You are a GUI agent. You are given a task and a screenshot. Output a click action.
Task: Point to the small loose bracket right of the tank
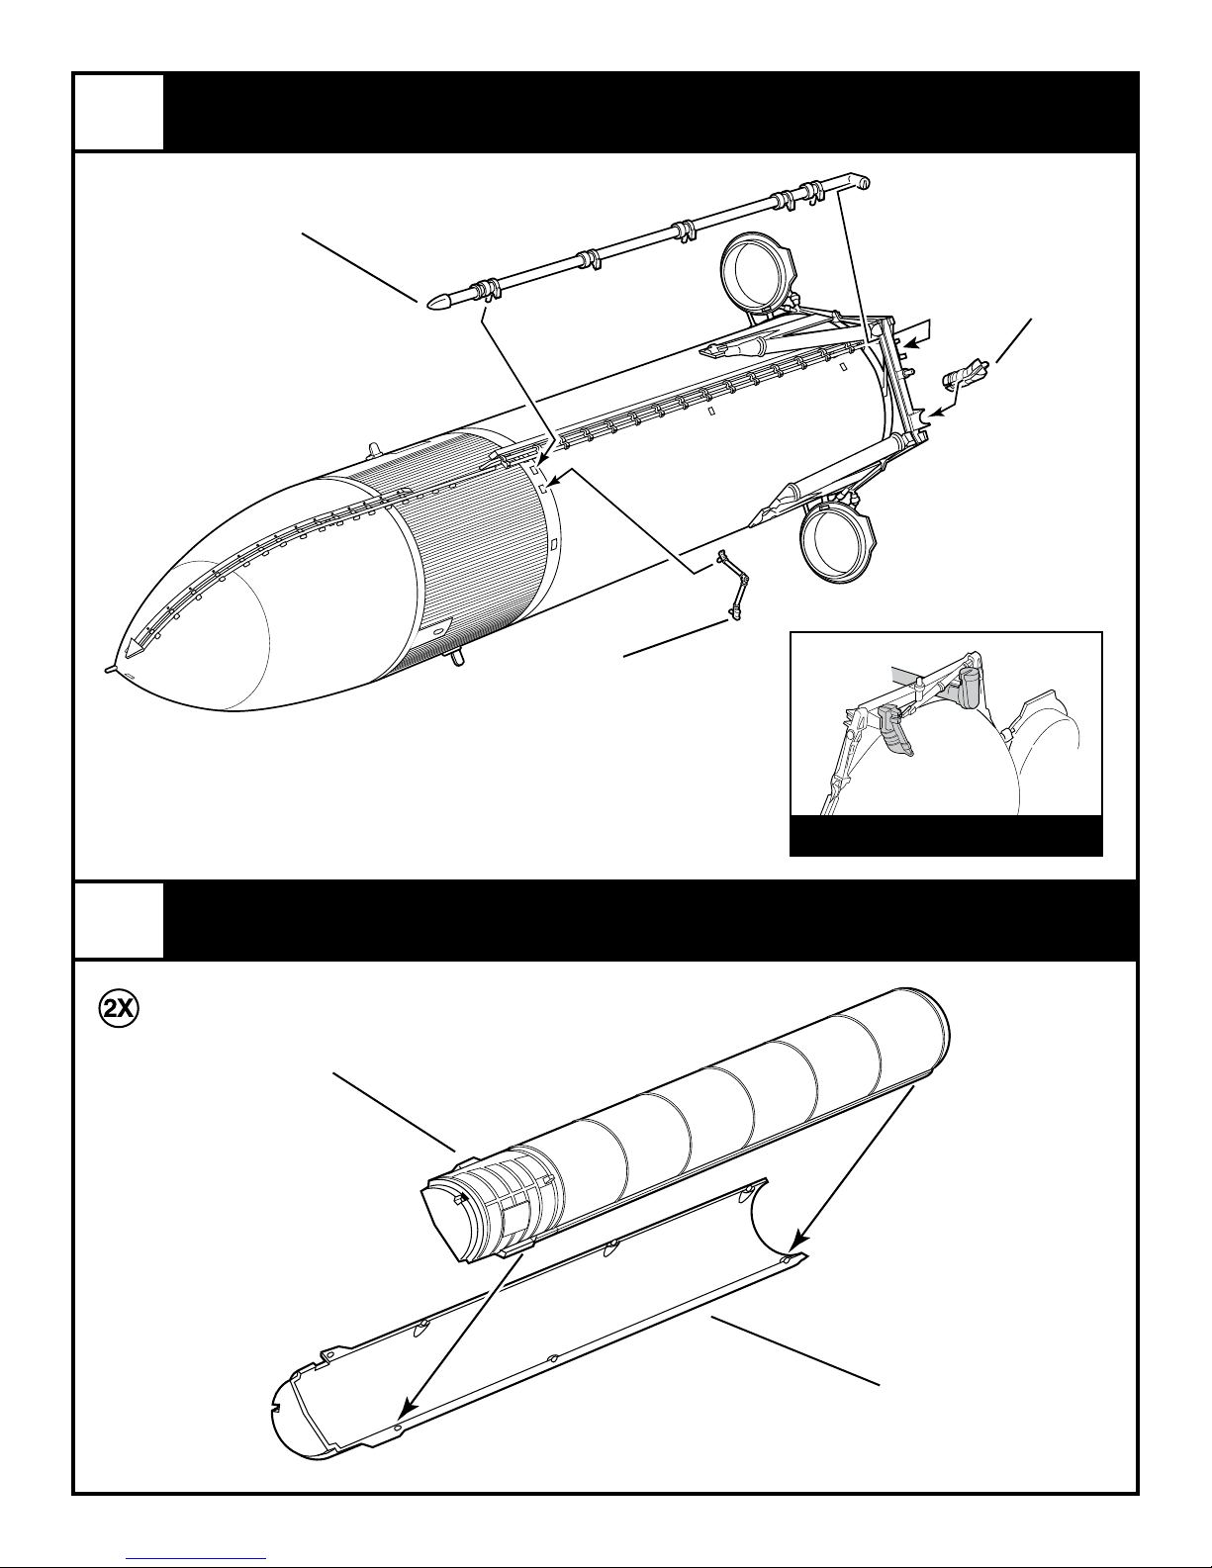coord(966,375)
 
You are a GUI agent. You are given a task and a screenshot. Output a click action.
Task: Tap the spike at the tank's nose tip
coord(109,669)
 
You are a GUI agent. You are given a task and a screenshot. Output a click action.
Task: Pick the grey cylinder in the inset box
coord(970,686)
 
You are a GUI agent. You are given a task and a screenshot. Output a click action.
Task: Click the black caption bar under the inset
coord(945,836)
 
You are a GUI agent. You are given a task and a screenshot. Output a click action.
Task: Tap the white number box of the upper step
coord(119,111)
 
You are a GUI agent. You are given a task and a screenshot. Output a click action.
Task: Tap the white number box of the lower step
coord(119,919)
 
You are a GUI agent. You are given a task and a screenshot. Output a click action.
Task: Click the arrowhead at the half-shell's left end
coord(402,1418)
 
